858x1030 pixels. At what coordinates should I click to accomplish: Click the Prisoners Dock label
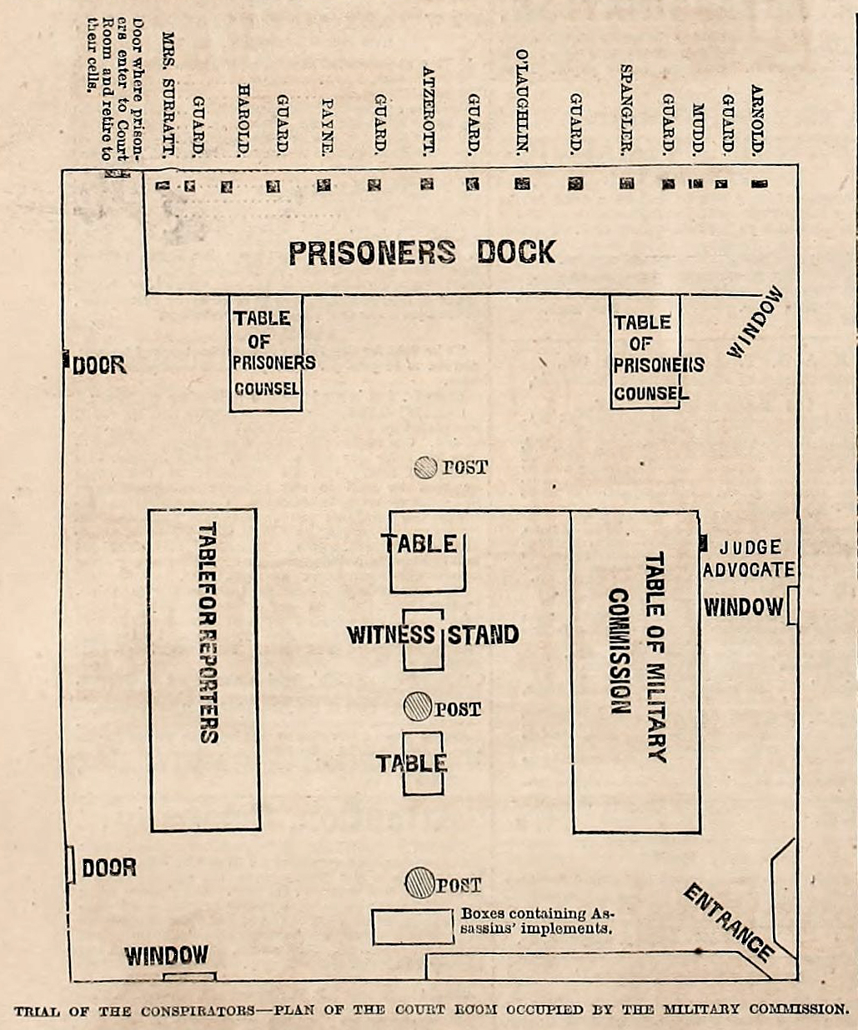coord(422,252)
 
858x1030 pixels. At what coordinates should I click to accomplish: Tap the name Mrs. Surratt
coord(168,96)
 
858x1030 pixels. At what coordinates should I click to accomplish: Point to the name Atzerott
coord(429,111)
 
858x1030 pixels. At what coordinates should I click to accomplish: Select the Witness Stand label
coord(433,635)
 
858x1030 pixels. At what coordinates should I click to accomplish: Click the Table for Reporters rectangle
coord(203,669)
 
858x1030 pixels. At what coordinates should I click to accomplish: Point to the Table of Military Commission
coord(635,672)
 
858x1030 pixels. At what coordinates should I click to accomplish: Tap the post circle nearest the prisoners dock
coord(426,467)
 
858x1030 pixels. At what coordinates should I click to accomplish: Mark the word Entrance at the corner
coord(727,922)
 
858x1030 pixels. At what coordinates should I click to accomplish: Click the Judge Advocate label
coord(748,558)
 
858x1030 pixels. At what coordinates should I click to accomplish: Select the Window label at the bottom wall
coord(167,956)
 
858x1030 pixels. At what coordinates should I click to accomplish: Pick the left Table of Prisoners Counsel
coord(266,353)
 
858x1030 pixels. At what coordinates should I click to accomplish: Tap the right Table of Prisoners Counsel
coord(645,352)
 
